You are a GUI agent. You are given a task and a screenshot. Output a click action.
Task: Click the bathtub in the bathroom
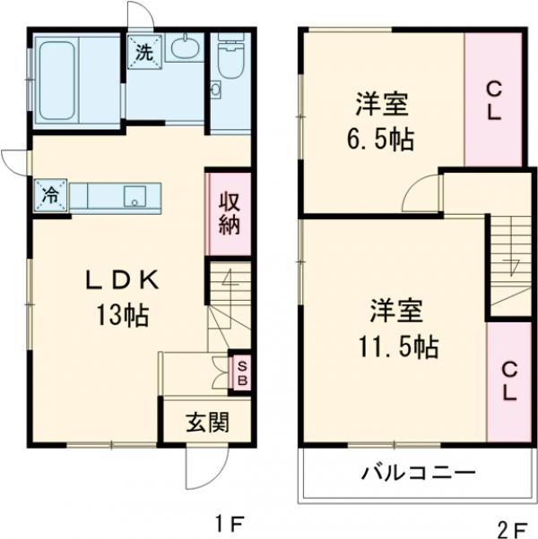click(x=76, y=81)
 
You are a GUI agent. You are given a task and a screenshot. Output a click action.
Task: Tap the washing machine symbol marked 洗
click(x=143, y=51)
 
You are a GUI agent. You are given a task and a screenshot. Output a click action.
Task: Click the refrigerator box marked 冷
click(x=51, y=193)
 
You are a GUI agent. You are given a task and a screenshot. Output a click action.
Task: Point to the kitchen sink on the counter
click(x=135, y=196)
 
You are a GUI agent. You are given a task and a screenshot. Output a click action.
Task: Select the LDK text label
click(x=122, y=281)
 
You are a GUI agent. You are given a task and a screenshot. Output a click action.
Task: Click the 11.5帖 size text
click(x=395, y=346)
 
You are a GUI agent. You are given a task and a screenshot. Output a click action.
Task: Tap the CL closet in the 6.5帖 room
click(x=493, y=100)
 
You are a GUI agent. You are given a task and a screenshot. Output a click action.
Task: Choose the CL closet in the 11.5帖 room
click(x=508, y=381)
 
